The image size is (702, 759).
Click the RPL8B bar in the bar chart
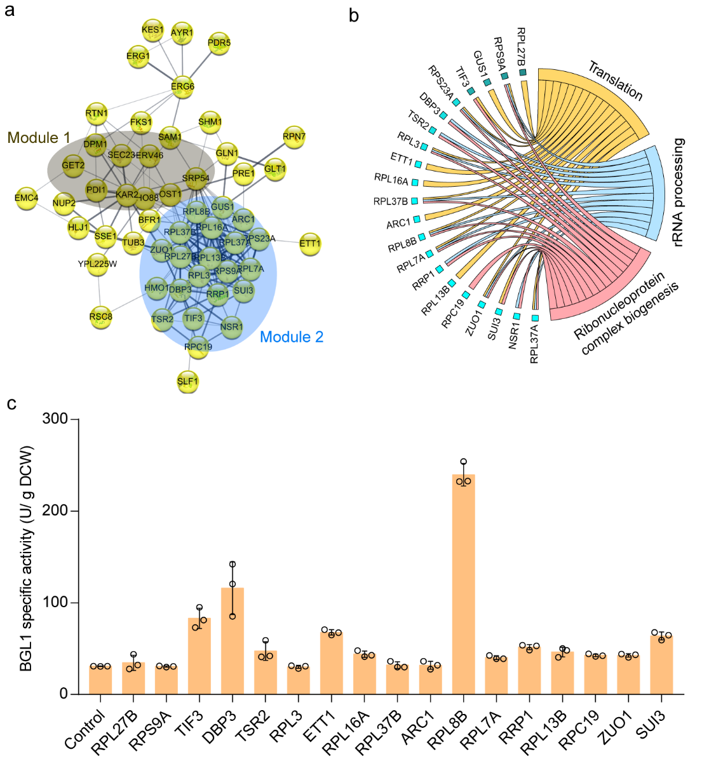coord(464,584)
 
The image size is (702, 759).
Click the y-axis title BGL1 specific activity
coord(27,558)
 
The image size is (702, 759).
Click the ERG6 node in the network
coord(183,86)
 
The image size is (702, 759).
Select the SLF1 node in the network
coord(188,381)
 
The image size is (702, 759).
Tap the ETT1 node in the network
coord(310,243)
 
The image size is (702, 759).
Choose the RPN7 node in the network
coord(294,136)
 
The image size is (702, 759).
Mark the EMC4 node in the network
coord(27,198)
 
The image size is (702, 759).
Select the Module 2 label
coord(292,337)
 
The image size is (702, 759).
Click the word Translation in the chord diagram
coord(615,81)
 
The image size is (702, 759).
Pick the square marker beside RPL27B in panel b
coord(523,73)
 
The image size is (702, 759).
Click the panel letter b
coord(354,15)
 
